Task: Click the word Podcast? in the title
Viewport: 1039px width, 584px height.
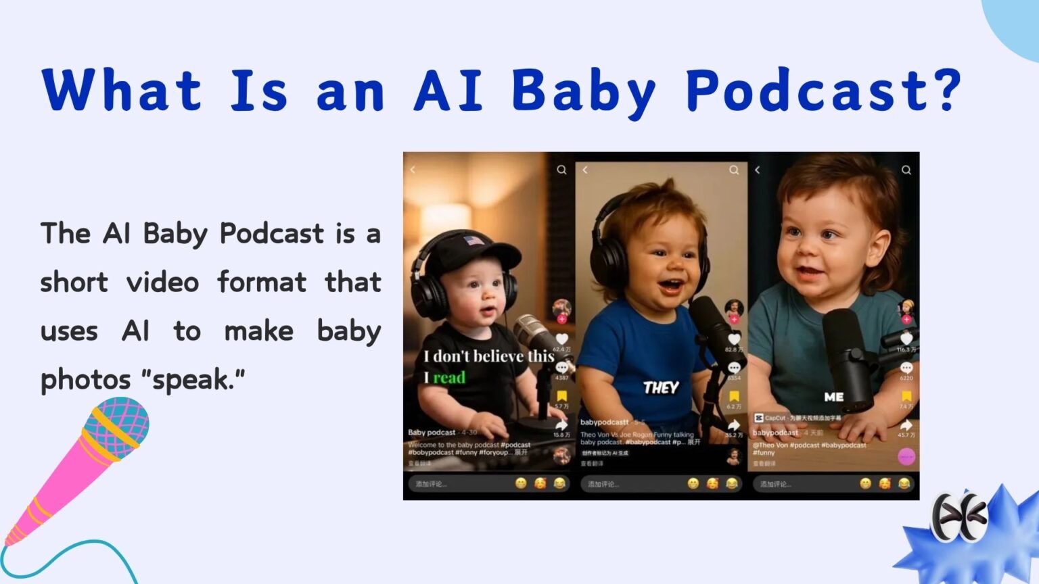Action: tap(823, 91)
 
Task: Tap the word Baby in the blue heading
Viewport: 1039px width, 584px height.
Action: tap(584, 91)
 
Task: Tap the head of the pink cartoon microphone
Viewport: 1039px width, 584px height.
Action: tap(117, 429)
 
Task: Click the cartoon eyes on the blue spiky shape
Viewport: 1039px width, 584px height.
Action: tap(959, 517)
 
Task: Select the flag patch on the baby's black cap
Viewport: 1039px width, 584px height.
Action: tap(474, 241)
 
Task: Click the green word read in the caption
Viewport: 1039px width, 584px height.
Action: tap(449, 377)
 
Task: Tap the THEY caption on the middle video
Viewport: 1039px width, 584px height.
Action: tap(661, 387)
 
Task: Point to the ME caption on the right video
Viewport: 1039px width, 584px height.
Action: tap(834, 397)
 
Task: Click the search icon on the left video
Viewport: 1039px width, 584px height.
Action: tap(561, 170)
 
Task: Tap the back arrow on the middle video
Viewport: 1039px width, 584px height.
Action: tap(586, 170)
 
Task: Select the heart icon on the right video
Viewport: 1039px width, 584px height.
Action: tap(906, 338)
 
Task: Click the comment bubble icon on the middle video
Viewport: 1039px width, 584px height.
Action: tap(734, 368)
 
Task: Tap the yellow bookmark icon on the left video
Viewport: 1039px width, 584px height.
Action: tap(561, 396)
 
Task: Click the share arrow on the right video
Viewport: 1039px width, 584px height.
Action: tap(906, 425)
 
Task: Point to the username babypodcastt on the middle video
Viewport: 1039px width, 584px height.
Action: tap(604, 422)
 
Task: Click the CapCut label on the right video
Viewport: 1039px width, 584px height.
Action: tap(770, 418)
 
